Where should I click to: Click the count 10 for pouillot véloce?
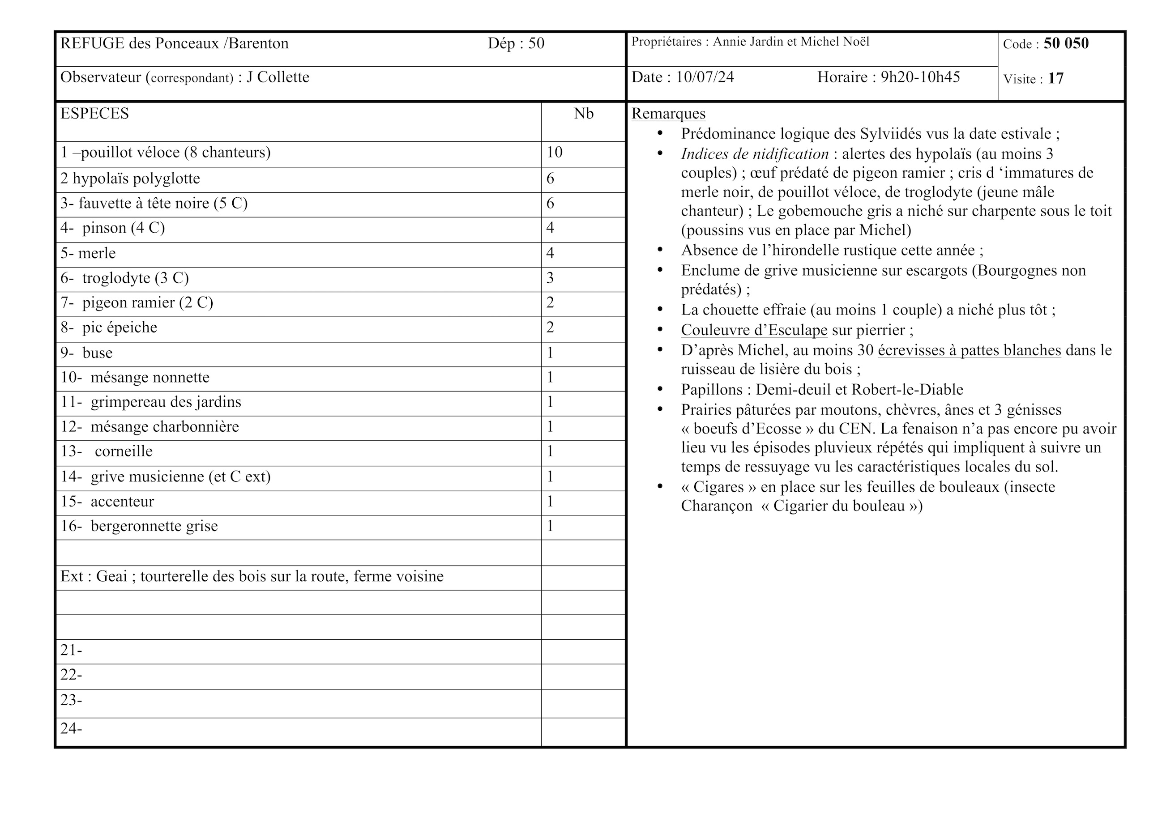pyautogui.click(x=554, y=152)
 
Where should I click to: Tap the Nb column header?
pyautogui.click(x=583, y=114)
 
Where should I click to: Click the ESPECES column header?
pyautogui.click(x=94, y=114)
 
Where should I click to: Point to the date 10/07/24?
pyautogui.click(x=705, y=77)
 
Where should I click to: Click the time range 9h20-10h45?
pyautogui.click(x=920, y=77)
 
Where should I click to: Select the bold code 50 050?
pyautogui.click(x=1066, y=43)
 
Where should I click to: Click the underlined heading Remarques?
pyautogui.click(x=668, y=114)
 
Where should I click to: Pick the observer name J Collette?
pyautogui.click(x=278, y=77)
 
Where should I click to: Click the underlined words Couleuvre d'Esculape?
pyautogui.click(x=754, y=330)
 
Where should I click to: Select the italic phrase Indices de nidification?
pyautogui.click(x=754, y=154)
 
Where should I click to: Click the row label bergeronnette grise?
pyautogui.click(x=154, y=526)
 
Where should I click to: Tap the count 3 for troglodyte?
pyautogui.click(x=550, y=278)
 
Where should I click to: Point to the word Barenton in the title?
pyautogui.click(x=259, y=43)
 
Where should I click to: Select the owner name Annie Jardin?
pyautogui.click(x=748, y=42)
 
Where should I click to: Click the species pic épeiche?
pyautogui.click(x=120, y=328)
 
